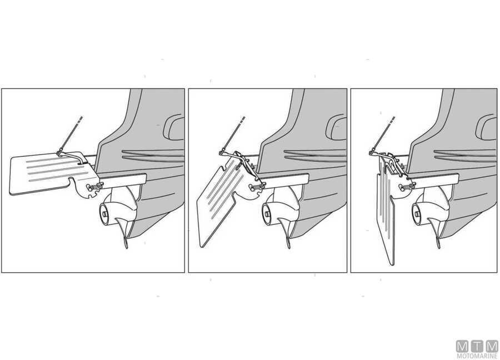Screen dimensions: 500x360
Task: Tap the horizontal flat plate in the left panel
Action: pyautogui.click(x=48, y=174)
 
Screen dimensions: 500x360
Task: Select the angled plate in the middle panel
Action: pyautogui.click(x=220, y=204)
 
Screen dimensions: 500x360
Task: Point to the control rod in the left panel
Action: pyautogui.click(x=71, y=134)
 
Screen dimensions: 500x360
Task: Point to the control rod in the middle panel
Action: pyautogui.click(x=233, y=134)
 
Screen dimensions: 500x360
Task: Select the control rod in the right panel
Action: pyautogui.click(x=383, y=135)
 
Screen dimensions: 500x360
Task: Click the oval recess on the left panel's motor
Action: pyautogui.click(x=173, y=128)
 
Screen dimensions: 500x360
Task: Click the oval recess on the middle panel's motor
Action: pyautogui.click(x=336, y=128)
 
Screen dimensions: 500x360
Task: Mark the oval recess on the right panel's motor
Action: pyautogui.click(x=486, y=128)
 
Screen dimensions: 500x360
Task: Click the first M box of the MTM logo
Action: pyautogui.click(x=462, y=347)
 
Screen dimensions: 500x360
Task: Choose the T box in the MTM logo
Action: pyautogui.click(x=477, y=347)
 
